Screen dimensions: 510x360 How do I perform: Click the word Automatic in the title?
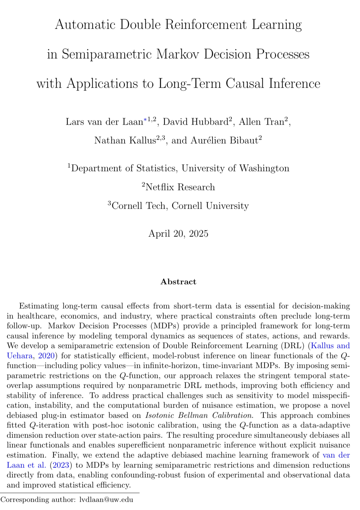point(85,24)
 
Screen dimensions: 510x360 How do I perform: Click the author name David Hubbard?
point(195,122)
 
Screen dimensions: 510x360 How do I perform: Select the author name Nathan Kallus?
point(125,140)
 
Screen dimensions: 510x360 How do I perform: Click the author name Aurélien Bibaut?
point(224,140)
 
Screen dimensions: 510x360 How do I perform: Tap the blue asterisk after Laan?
point(145,120)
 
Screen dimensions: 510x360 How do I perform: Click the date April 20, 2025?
point(178,233)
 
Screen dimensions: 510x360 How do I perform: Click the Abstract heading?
point(178,282)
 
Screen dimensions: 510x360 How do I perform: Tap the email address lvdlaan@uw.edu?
point(106,500)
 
